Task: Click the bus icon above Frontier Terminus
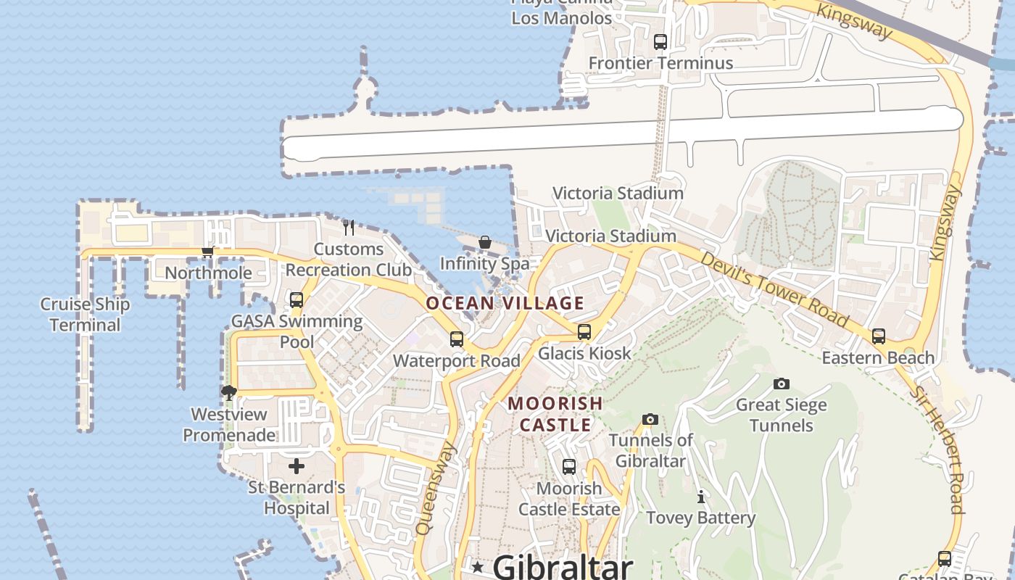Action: [x=660, y=42]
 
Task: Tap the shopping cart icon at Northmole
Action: [x=208, y=252]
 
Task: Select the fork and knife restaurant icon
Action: [x=349, y=228]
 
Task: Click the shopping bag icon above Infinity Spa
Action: [x=485, y=242]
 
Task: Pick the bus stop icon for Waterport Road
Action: [x=457, y=339]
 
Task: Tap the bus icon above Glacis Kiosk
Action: [x=584, y=332]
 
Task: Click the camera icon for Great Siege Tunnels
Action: [x=781, y=384]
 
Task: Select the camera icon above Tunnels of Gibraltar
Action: [x=650, y=419]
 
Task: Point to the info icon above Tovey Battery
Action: [x=700, y=497]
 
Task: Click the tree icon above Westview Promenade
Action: [x=229, y=393]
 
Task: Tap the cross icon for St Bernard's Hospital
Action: [x=297, y=466]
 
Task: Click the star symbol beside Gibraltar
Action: [x=477, y=566]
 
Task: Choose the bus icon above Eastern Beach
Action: [x=879, y=336]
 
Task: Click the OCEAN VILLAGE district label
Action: [x=505, y=303]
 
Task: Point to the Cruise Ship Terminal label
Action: [x=85, y=315]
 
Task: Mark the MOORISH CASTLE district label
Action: [x=555, y=414]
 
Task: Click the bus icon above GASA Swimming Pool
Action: [x=297, y=299]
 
